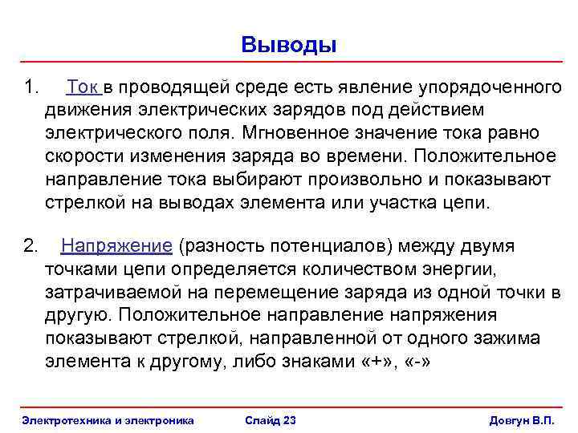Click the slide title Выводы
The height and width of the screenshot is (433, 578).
[x=289, y=45]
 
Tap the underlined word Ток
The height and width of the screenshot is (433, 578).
[x=83, y=86]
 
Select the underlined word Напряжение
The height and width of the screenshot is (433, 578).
[x=117, y=245]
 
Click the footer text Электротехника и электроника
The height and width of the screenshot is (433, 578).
[x=108, y=420]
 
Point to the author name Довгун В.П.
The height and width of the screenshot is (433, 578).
[x=522, y=420]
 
